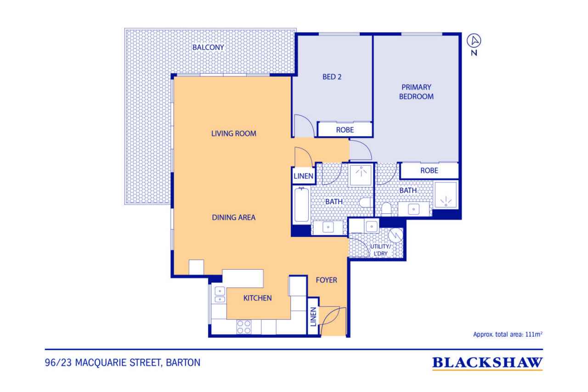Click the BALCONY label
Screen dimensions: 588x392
pos(208,47)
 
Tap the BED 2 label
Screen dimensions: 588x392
pos(332,77)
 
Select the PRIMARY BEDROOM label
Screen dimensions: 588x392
pos(416,92)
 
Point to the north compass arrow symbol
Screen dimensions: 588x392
pos(474,41)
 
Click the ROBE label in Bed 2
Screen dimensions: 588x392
pos(345,130)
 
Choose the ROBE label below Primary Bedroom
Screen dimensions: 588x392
pos(429,170)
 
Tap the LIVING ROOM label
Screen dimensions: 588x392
pos(234,134)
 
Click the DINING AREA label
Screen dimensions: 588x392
pos(234,217)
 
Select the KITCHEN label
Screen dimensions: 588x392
pos(257,298)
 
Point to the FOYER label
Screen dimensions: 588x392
pos(326,280)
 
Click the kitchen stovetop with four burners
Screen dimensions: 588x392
pos(243,327)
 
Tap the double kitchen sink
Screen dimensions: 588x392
pos(220,295)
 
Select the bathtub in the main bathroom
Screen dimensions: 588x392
pos(301,205)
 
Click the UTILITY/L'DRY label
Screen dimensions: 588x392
pos(380,250)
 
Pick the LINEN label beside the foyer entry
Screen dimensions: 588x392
pos(313,317)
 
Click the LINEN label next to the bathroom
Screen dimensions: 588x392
pos(303,176)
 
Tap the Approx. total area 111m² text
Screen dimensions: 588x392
pos(508,334)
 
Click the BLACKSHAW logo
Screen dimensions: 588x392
pos(487,363)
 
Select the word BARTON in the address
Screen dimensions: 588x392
pos(183,363)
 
